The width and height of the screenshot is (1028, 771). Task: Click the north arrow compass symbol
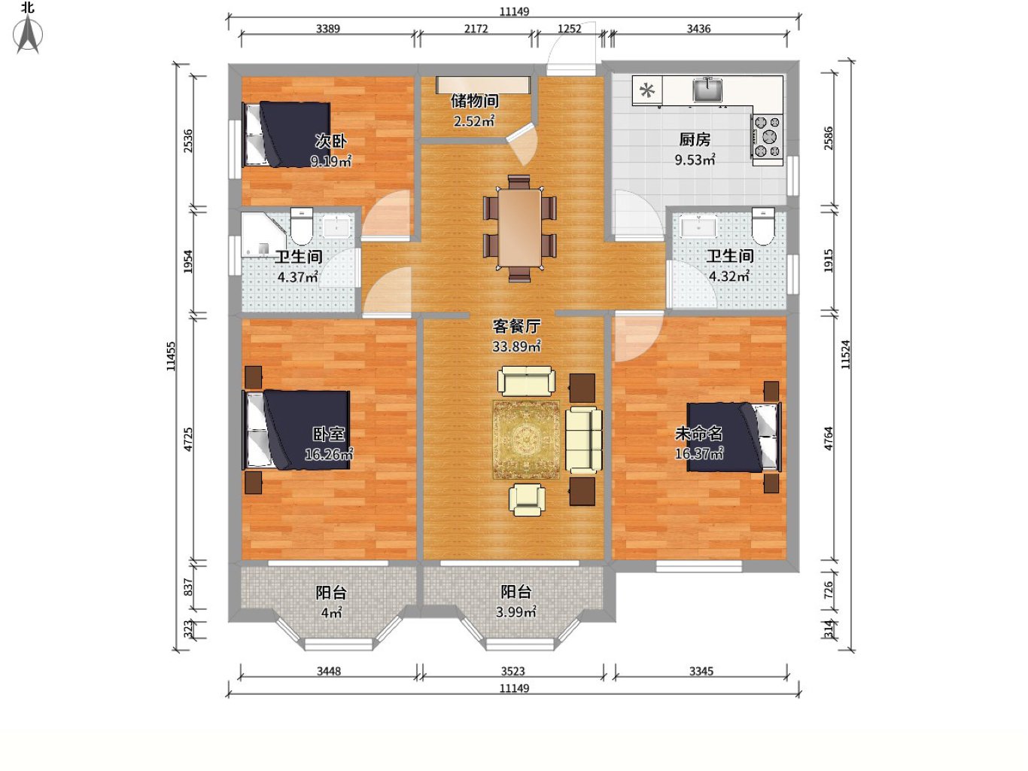tap(28, 33)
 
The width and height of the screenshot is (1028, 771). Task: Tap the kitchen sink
tap(707, 90)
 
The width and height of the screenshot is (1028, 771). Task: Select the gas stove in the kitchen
tap(768, 137)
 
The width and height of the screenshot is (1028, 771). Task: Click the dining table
tap(519, 227)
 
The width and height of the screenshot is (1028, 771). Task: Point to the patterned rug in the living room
tap(526, 440)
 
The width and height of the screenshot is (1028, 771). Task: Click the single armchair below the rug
tap(527, 499)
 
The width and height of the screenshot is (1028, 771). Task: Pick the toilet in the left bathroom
tap(301, 226)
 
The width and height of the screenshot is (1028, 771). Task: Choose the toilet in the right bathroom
tap(763, 226)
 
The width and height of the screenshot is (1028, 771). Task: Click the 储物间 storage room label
tap(474, 101)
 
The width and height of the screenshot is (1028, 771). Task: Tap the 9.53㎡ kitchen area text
tap(695, 160)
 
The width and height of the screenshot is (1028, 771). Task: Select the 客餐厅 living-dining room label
tap(516, 326)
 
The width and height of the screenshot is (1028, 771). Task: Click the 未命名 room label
tap(698, 434)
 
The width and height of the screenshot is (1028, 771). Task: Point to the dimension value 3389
tap(328, 29)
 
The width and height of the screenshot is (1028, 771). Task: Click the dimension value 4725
tap(188, 440)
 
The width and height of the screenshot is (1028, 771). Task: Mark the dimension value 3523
tap(512, 671)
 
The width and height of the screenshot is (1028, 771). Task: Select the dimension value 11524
tap(845, 355)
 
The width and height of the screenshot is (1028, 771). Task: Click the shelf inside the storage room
tap(483, 85)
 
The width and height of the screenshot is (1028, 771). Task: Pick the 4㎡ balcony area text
tap(332, 612)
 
